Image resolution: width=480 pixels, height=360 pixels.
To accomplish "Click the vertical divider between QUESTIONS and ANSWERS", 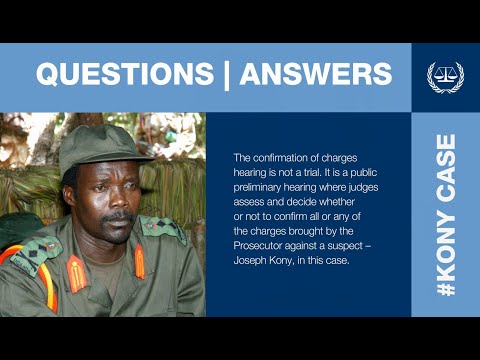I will pos(222,74).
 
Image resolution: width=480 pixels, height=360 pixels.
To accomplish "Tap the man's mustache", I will pos(118,215).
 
